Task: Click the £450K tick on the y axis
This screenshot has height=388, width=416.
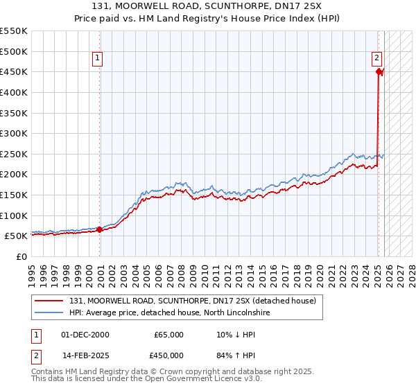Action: [x=14, y=71]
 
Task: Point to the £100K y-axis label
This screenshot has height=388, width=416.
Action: [x=14, y=215]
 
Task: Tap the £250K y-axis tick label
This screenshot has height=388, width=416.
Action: [x=14, y=154]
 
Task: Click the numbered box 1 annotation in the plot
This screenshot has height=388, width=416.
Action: [x=98, y=59]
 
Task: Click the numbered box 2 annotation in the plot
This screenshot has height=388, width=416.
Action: [x=376, y=59]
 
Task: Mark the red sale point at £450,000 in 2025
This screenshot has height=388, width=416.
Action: [x=379, y=71]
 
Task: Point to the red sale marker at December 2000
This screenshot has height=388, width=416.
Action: [x=100, y=229]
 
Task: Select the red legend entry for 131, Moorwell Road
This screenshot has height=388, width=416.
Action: [x=192, y=301]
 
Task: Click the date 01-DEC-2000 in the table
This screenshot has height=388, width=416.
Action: [x=85, y=335]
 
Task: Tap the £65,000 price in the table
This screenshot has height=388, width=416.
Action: [x=169, y=335]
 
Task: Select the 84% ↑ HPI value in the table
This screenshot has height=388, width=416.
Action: [x=232, y=356]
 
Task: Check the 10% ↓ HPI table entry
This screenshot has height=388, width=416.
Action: [x=232, y=335]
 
